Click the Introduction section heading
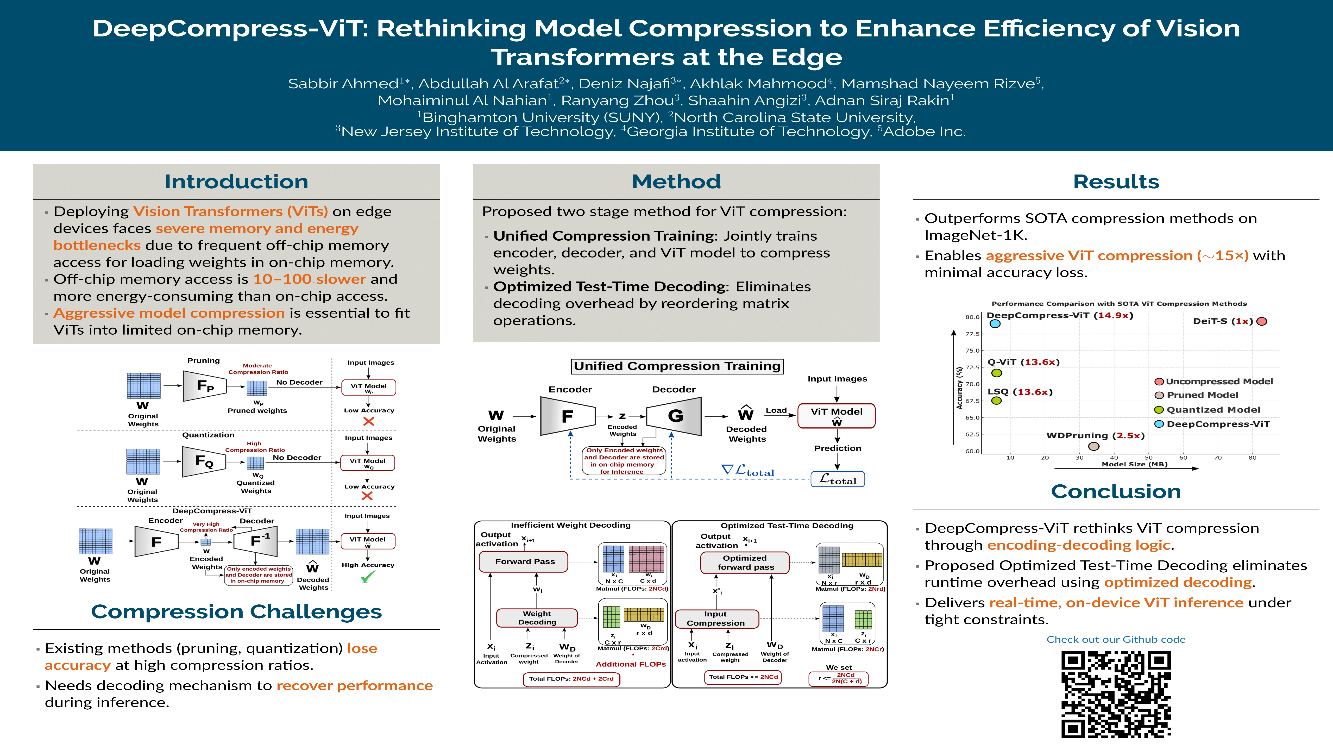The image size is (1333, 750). [236, 182]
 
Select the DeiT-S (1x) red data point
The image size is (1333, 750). [1262, 321]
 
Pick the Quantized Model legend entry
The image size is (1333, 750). [1213, 409]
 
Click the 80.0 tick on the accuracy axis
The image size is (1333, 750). [972, 317]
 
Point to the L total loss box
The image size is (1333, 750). [837, 479]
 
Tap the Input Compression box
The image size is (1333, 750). [716, 618]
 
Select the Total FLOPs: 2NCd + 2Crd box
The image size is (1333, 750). [571, 679]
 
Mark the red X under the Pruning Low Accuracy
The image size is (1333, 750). [368, 421]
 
